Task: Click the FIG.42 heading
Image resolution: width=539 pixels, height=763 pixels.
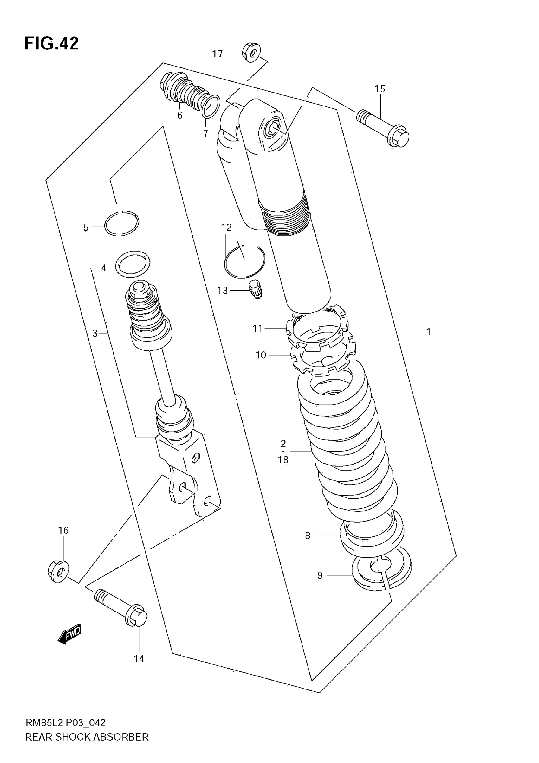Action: click(52, 43)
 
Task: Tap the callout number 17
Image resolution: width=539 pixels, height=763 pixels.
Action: click(218, 54)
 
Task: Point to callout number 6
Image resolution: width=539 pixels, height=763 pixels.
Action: click(179, 115)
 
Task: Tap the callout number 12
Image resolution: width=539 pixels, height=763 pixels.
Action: click(226, 228)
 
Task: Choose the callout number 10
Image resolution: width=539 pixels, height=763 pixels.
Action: click(261, 355)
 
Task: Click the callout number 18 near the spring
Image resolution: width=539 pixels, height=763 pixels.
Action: click(283, 459)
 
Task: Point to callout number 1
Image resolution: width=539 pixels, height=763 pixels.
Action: click(429, 332)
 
